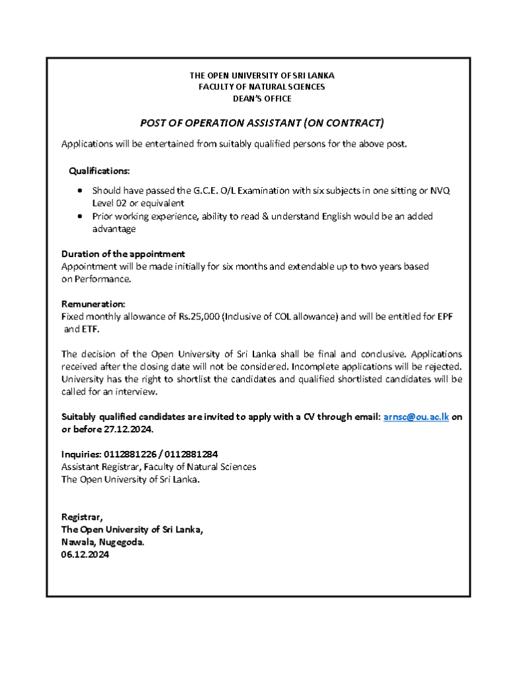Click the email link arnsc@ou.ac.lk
tap(416, 417)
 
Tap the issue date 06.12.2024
tap(85, 555)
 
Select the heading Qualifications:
tap(99, 171)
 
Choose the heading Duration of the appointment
tap(123, 254)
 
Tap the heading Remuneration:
tap(93, 304)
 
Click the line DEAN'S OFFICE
tap(262, 99)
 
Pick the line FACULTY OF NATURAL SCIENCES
tap(262, 87)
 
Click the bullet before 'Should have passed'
tap(80, 190)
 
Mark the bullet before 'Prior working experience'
tap(80, 216)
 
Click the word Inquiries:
tap(81, 454)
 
